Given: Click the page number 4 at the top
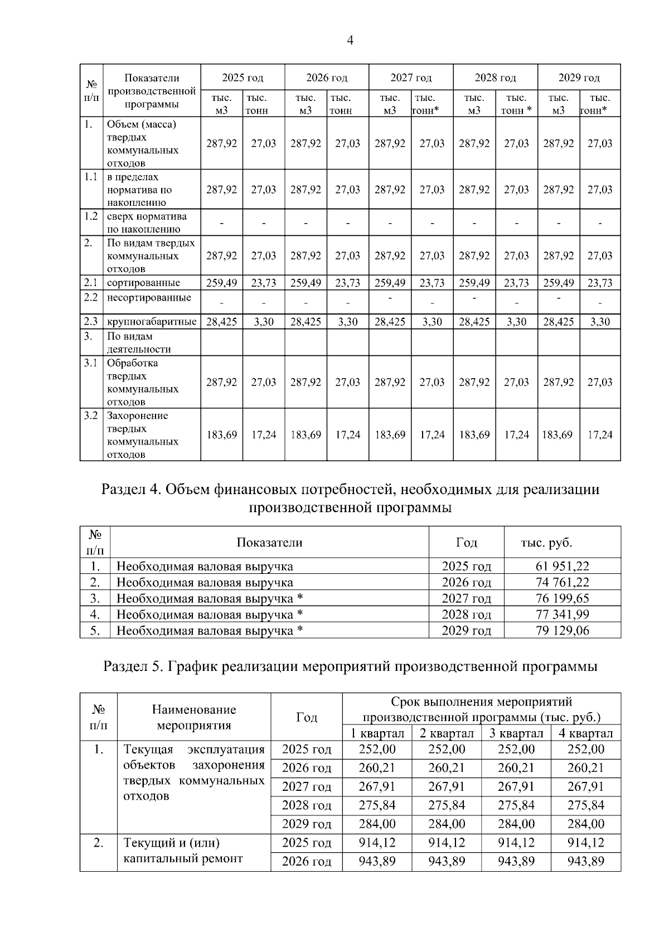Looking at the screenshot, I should tap(350, 40).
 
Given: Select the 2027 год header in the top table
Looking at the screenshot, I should tap(411, 78).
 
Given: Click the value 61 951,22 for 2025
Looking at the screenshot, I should tap(562, 567).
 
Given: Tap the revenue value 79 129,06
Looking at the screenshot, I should tap(562, 631).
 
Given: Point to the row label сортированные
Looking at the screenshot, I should tap(143, 283).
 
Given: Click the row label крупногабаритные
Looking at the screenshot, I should tap(151, 322).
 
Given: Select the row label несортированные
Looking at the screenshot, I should tap(149, 298).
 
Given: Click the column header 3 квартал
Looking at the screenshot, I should tap(516, 733).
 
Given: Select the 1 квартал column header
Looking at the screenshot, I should tap(377, 733).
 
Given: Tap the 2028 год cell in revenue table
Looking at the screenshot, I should tap(466, 615).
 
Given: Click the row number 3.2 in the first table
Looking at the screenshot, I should tap(91, 416).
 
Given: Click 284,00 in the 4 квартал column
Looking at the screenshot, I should tap(585, 824).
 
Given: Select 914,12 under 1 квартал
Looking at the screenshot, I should tap(377, 843).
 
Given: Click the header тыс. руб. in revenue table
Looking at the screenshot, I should tap(546, 543).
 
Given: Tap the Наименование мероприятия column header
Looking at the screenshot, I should tap(193, 717).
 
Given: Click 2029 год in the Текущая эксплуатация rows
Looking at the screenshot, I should tap(307, 824).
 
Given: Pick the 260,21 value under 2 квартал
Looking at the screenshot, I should tap(447, 768).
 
